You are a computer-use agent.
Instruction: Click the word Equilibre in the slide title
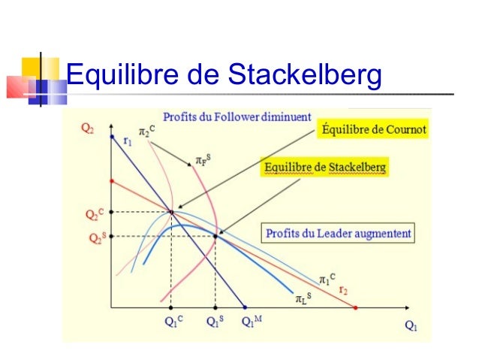pos(121,74)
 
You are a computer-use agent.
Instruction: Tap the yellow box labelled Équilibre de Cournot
pos(373,129)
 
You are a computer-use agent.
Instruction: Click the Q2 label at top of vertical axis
pos(88,129)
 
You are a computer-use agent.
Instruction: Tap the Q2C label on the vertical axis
pos(93,214)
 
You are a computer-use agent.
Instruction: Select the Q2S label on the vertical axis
pos(93,237)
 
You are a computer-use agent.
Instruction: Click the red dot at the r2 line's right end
pos(355,307)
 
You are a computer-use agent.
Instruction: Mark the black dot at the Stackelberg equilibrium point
pos(215,236)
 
